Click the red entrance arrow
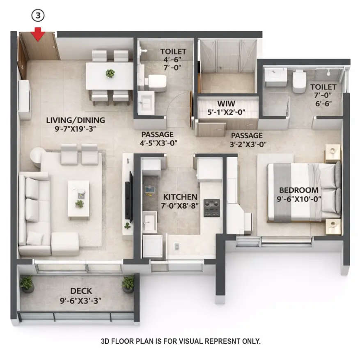pyautogui.click(x=38, y=34)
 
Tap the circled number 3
pyautogui.click(x=38, y=16)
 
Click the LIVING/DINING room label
pyautogui.click(x=76, y=120)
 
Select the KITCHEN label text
pyautogui.click(x=180, y=197)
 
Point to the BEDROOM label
pyautogui.click(x=298, y=190)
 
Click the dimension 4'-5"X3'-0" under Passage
pyautogui.click(x=157, y=144)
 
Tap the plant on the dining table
pyautogui.click(x=110, y=73)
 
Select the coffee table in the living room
pyautogui.click(x=78, y=199)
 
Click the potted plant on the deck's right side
pyautogui.click(x=128, y=283)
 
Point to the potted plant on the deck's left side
pyautogui.click(x=27, y=283)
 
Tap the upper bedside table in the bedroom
pyautogui.click(x=332, y=153)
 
